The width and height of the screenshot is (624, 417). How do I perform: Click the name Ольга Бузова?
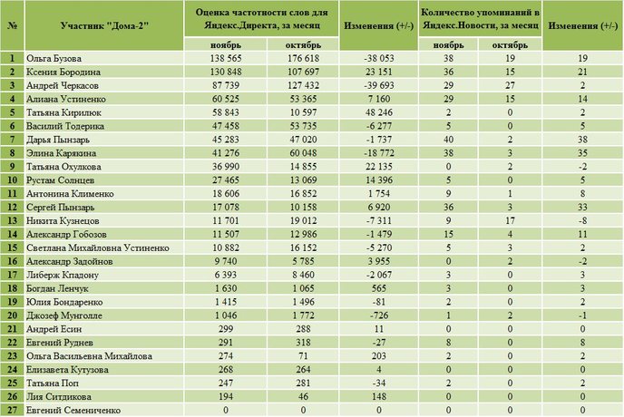(54, 59)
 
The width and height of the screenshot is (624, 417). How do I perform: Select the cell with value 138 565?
(226, 59)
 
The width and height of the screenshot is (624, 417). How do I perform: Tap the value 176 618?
(303, 59)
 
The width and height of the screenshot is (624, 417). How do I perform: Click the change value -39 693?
(379, 85)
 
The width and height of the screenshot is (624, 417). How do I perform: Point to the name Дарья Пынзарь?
(58, 140)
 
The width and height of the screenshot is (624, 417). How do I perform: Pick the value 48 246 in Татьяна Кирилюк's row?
(379, 112)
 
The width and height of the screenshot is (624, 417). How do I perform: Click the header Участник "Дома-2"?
(104, 26)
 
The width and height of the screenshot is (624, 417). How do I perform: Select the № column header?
(13, 26)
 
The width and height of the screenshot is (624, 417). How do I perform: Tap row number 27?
(13, 411)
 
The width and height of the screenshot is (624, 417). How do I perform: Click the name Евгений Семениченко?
(73, 411)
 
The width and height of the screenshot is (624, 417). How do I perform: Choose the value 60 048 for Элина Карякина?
(303, 153)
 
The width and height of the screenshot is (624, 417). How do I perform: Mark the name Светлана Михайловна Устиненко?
(98, 247)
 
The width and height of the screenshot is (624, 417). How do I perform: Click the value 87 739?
(226, 85)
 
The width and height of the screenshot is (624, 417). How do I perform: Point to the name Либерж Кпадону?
(62, 275)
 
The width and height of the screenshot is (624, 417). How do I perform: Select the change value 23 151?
(379, 72)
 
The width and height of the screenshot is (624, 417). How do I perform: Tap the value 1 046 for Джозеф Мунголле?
(226, 315)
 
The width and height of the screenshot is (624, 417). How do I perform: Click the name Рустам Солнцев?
(60, 180)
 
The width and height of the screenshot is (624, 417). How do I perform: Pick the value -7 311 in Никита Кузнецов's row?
(379, 221)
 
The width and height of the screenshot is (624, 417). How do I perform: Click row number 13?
(13, 221)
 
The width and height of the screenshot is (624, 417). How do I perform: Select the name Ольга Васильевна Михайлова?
(89, 356)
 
